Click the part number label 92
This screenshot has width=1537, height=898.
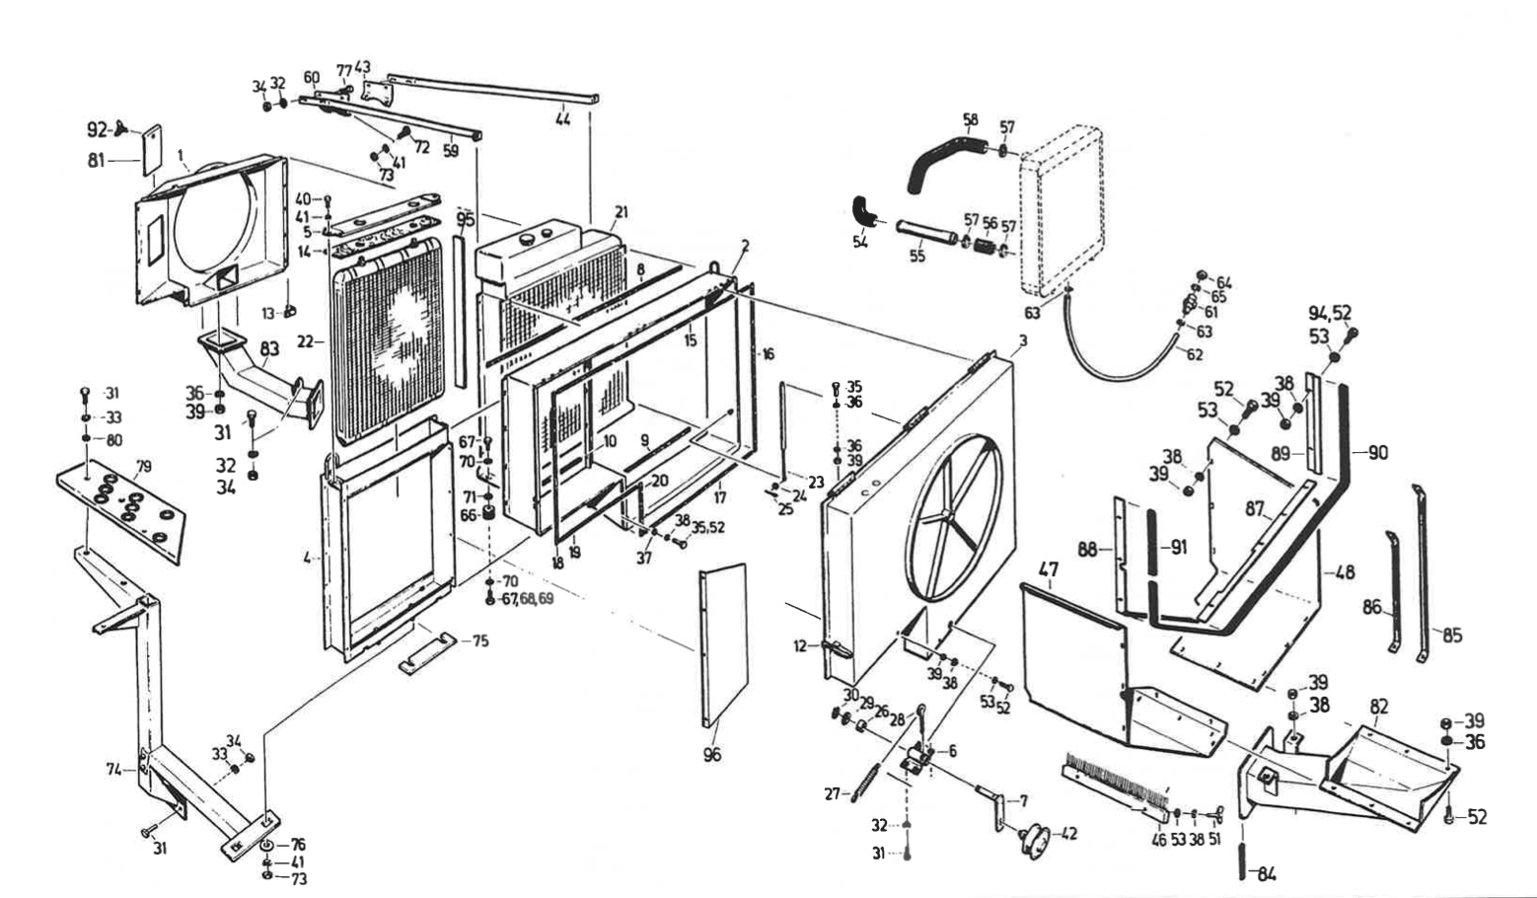[98, 128]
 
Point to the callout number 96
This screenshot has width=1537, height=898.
[711, 755]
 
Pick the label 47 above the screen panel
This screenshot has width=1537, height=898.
[1049, 569]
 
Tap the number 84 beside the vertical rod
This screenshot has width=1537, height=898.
[1267, 873]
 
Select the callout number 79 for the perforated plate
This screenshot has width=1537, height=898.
[143, 466]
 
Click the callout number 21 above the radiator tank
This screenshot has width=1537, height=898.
[621, 212]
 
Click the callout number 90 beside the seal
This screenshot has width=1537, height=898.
[1377, 453]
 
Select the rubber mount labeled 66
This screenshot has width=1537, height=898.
[485, 516]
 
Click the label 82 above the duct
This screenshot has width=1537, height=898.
[1379, 707]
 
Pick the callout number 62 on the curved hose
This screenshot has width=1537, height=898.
[1195, 355]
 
